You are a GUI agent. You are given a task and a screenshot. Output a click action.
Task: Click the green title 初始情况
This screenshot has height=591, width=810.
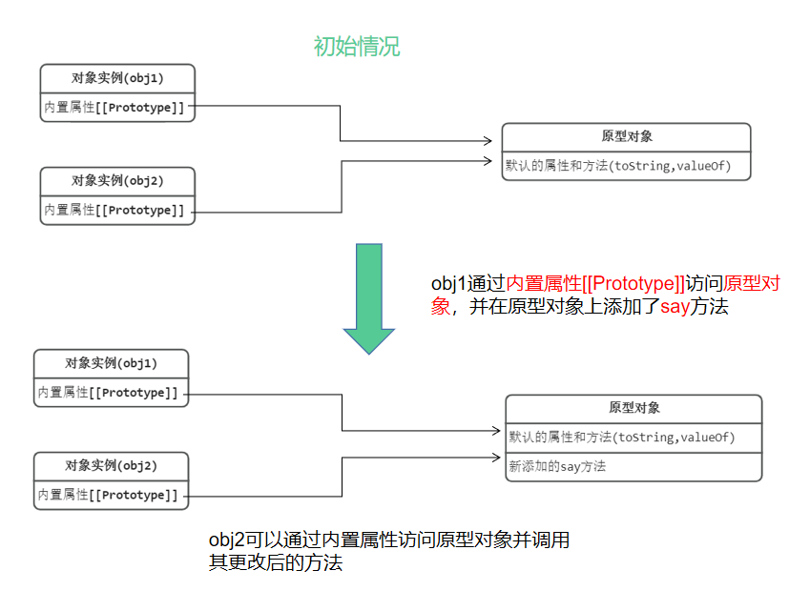(x=357, y=46)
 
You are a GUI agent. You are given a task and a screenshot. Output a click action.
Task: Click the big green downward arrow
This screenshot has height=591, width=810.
(x=368, y=295)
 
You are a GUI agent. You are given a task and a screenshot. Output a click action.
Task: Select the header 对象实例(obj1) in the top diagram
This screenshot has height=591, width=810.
(x=117, y=78)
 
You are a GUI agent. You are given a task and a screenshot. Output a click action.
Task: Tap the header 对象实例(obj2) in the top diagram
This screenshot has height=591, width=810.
(x=117, y=180)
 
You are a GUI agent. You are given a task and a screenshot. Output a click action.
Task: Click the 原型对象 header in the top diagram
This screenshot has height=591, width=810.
(x=626, y=137)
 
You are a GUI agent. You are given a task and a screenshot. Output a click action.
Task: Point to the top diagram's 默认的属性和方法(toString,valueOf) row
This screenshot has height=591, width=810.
(x=618, y=166)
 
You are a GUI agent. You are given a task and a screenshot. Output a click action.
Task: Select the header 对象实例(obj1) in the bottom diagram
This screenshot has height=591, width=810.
(x=111, y=363)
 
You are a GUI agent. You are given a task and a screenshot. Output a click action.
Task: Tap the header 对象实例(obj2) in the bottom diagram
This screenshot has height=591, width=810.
(x=111, y=466)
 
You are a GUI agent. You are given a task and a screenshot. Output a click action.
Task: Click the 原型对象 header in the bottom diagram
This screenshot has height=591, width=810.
(x=633, y=408)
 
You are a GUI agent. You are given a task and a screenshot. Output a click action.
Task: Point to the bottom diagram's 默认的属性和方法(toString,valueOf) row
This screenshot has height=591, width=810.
(x=622, y=438)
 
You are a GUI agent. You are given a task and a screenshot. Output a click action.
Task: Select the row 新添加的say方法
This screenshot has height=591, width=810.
(x=558, y=467)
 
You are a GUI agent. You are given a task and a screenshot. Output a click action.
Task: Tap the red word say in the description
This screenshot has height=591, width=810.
(x=675, y=307)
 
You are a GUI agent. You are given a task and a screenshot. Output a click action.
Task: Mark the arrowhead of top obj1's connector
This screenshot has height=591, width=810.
(x=496, y=142)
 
